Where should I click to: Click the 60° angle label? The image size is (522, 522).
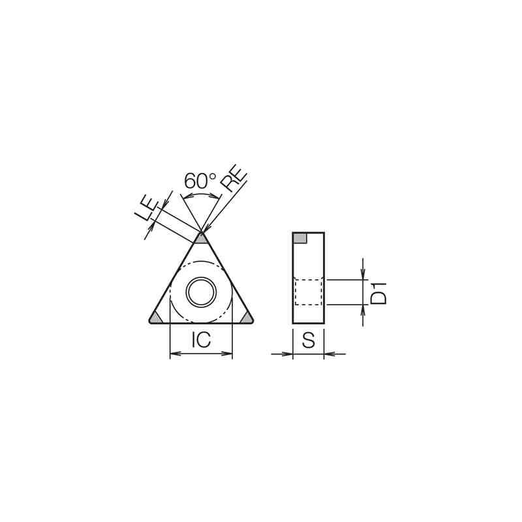(200, 181)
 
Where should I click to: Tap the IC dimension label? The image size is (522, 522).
(201, 339)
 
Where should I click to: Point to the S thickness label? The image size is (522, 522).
(308, 340)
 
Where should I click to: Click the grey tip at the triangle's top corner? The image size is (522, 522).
(201, 238)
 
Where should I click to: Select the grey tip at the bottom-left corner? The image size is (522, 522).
(155, 318)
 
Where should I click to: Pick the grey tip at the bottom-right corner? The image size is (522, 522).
(247, 318)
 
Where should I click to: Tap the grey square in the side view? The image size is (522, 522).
(299, 238)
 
